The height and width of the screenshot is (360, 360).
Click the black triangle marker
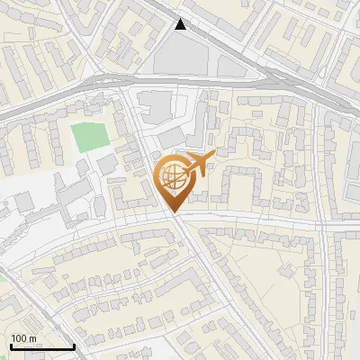click(182, 24)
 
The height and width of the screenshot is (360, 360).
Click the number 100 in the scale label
click(19, 338)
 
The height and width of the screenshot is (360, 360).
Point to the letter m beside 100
click(32, 338)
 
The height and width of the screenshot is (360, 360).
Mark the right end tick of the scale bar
click(74, 346)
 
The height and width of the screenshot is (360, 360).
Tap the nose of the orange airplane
click(213, 156)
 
